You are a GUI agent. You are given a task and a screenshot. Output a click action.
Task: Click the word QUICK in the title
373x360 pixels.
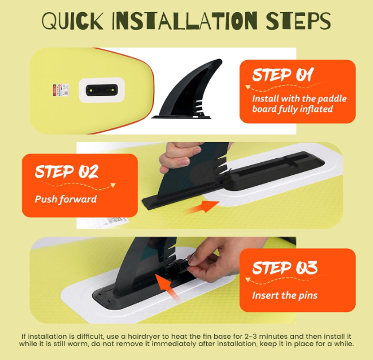pos(73,21)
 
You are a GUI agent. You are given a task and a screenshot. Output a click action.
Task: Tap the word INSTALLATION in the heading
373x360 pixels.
pos(184,21)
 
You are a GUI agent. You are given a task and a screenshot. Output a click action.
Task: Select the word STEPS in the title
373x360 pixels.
pos(299,21)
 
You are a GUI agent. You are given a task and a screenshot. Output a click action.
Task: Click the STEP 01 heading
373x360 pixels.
pos(283,75)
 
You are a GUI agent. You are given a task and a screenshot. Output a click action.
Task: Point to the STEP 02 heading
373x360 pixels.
pos(66,171)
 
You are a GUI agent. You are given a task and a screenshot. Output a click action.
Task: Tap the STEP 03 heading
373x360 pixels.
pos(285,268)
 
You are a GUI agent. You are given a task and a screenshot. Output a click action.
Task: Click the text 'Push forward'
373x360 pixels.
pos(66,199)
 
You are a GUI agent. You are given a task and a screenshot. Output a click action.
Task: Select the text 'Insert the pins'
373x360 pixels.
pos(285,295)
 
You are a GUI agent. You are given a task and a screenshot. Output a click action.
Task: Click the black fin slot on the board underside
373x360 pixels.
pos(101,90)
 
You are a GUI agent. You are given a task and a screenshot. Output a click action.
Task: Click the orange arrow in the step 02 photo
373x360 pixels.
pos(202,206)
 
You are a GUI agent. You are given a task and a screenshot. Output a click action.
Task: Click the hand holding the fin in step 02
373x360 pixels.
pos(181,156)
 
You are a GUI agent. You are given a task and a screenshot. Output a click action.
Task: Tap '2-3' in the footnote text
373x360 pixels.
pos(250,336)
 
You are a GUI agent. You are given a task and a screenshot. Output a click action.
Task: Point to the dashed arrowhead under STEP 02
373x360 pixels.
pos(113,185)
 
